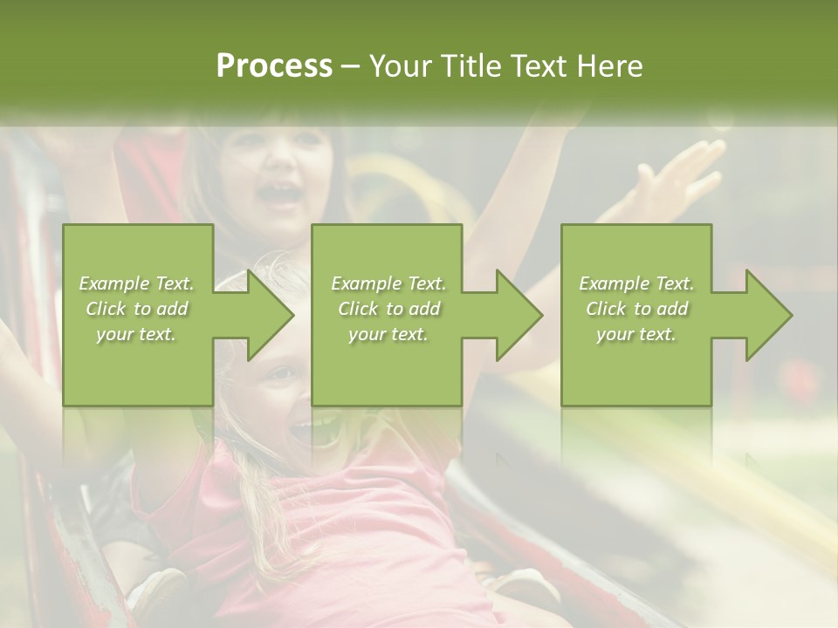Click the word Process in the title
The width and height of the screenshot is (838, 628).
point(274,66)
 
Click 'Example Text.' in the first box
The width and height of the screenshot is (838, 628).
point(136,283)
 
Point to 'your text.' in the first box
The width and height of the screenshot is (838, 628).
point(136,334)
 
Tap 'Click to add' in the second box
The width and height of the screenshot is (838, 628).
point(388,309)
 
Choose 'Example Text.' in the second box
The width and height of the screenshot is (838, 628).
point(388,283)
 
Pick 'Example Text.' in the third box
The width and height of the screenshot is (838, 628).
point(636,283)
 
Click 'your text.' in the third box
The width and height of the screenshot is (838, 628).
point(636,334)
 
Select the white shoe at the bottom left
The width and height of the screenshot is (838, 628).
point(157,589)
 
